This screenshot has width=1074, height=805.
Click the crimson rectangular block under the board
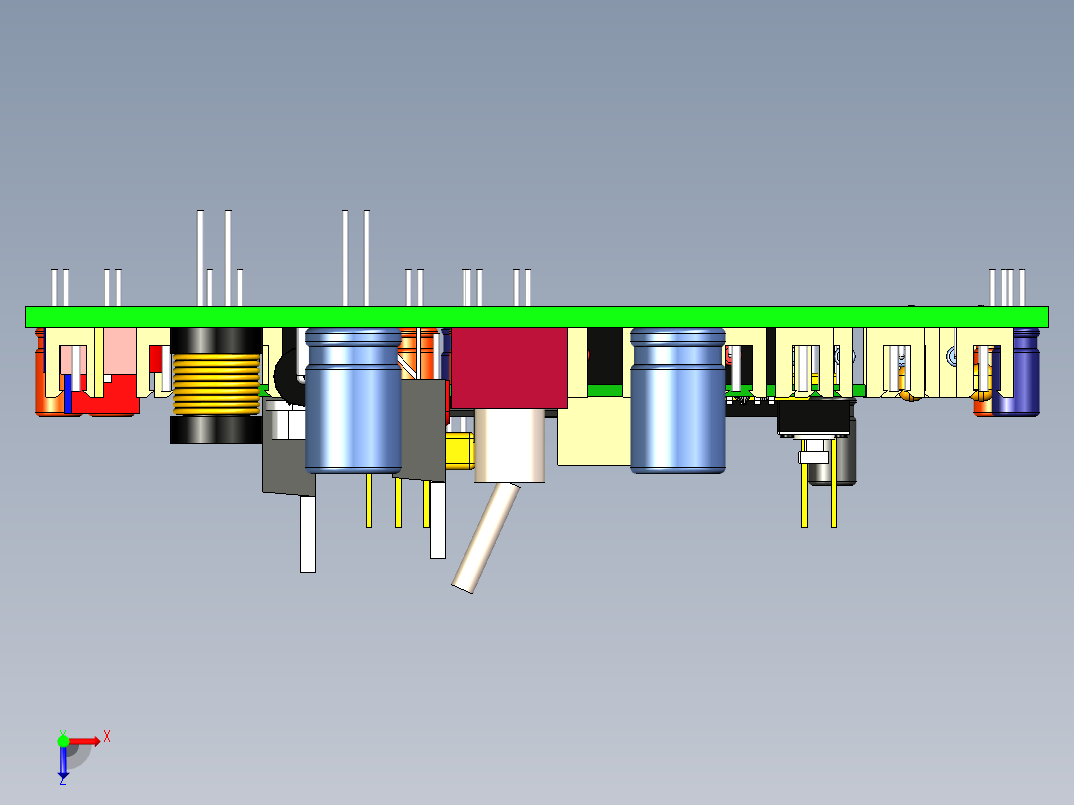(508, 369)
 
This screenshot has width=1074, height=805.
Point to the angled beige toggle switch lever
(486, 538)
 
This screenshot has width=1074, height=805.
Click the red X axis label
(107, 736)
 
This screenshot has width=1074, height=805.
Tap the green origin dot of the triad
(63, 741)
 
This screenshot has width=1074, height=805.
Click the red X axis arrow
(86, 741)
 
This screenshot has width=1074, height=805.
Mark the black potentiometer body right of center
(814, 417)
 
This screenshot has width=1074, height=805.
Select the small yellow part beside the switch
(459, 450)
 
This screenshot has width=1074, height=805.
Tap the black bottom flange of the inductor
(215, 430)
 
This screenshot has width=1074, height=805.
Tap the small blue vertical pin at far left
(68, 394)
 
